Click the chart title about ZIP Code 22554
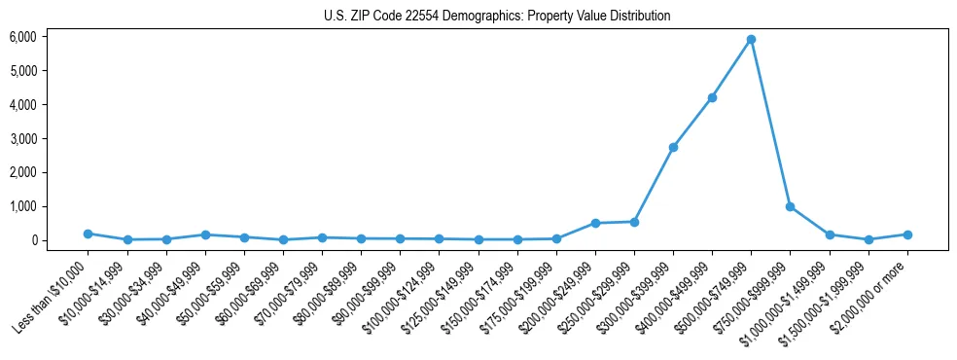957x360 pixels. click(497, 17)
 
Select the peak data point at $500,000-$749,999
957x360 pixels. click(751, 40)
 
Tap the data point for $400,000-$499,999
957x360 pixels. click(712, 97)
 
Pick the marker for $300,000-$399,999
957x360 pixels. click(673, 147)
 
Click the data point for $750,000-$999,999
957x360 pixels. click(790, 206)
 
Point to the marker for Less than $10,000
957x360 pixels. click(88, 234)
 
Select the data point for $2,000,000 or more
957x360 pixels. click(907, 234)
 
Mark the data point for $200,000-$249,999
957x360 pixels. click(595, 223)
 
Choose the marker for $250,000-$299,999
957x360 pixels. click(634, 222)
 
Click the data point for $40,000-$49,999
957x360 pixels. click(205, 234)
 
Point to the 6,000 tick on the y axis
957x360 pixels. click(22, 37)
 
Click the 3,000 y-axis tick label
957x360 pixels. click(22, 139)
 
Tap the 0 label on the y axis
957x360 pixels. click(33, 240)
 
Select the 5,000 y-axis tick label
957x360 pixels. click(22, 71)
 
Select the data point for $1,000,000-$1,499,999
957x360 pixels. click(830, 234)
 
